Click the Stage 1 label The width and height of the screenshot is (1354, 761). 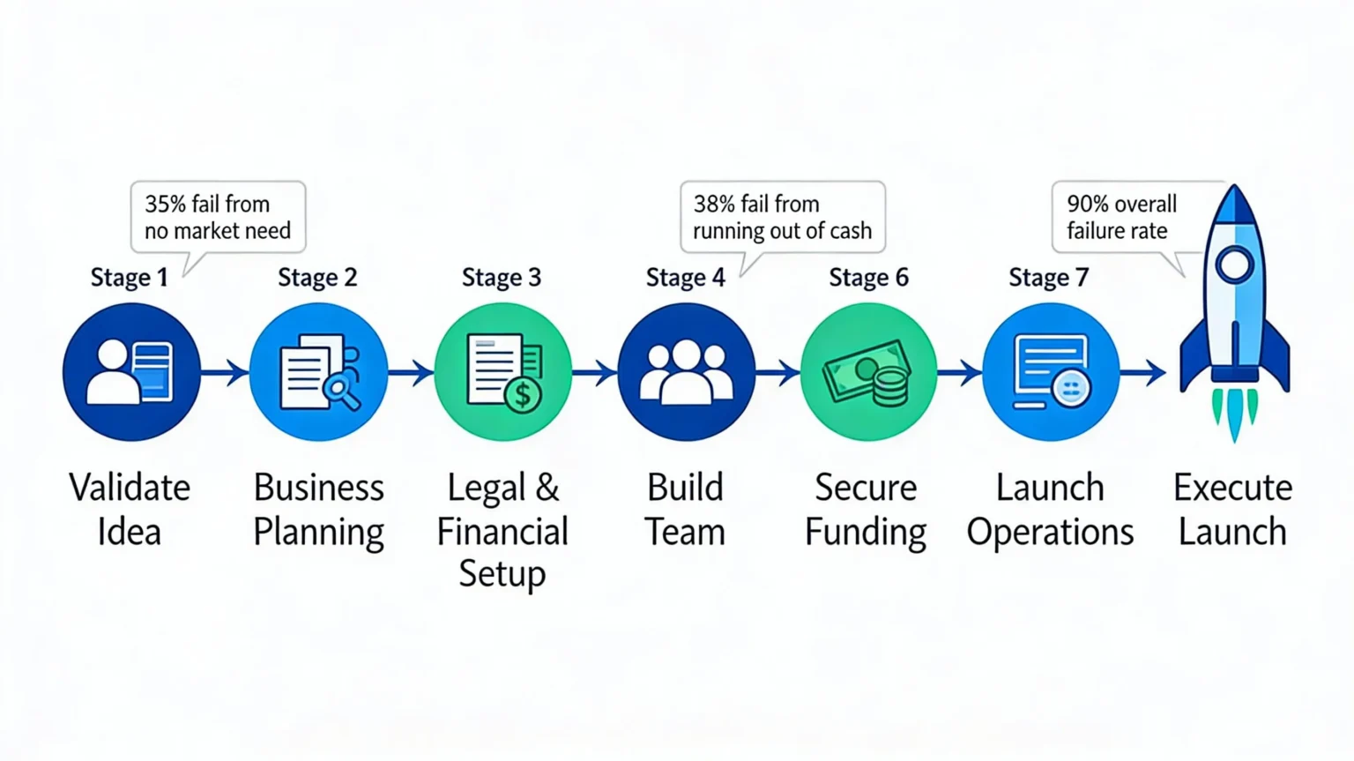[x=129, y=278]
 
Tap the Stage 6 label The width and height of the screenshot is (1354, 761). [x=868, y=278]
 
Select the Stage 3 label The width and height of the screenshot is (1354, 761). [x=502, y=278]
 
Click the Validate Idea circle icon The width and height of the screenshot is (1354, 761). [x=131, y=372]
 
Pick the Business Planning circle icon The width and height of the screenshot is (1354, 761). [x=318, y=372]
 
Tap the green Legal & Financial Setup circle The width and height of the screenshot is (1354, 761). [x=502, y=372]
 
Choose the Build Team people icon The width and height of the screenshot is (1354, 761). [x=686, y=372]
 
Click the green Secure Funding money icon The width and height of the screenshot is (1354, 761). [x=868, y=372]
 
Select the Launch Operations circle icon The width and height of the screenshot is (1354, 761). [x=1051, y=372]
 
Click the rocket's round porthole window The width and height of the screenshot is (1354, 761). [x=1234, y=265]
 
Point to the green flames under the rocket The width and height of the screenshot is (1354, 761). [x=1234, y=413]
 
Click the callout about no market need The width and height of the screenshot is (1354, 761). [x=218, y=218]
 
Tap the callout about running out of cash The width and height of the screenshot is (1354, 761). [x=782, y=218]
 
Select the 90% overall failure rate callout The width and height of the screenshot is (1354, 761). [x=1121, y=218]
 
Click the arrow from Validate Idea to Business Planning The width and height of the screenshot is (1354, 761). [x=226, y=373]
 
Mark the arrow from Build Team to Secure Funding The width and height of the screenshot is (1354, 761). [x=777, y=373]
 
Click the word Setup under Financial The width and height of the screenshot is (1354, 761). [x=502, y=574]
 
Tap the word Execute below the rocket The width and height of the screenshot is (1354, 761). [x=1232, y=488]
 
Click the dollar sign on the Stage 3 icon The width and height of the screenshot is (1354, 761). [x=524, y=395]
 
